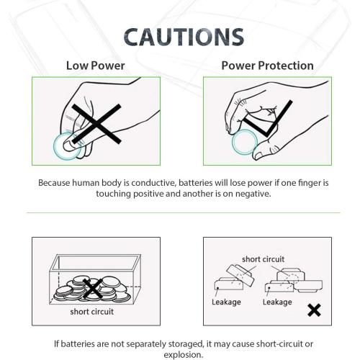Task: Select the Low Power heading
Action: pos(95,66)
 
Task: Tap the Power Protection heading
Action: pos(267,66)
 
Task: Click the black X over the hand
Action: pos(95,124)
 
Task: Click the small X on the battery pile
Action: pos(92,289)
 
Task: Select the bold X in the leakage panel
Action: pos(314,310)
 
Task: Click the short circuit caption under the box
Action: pos(92,312)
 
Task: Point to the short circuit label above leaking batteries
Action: pos(263,259)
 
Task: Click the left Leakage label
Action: pos(226,302)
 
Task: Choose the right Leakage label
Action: pos(277,302)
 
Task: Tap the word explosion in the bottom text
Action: pos(183,354)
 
